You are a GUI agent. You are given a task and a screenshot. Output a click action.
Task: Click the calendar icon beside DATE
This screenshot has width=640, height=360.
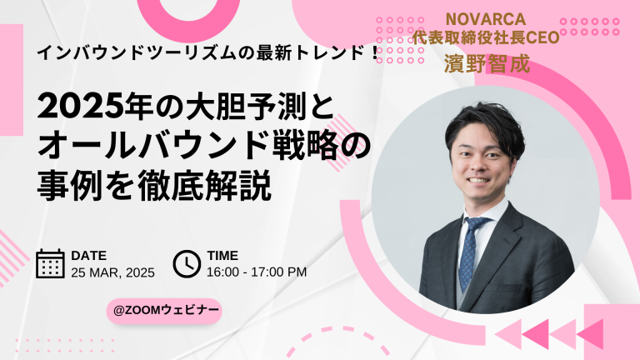(x=50, y=263)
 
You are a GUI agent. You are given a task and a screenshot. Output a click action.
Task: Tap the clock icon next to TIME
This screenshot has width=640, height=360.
(x=187, y=263)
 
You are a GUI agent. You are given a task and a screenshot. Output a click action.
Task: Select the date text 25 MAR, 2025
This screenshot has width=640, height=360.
(x=112, y=272)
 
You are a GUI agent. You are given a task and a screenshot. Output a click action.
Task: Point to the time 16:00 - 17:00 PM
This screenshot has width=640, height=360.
(x=257, y=272)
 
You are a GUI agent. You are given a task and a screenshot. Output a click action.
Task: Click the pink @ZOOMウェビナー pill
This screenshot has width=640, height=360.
(x=164, y=311)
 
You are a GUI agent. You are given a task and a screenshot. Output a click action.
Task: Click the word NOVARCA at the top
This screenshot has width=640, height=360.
(x=485, y=19)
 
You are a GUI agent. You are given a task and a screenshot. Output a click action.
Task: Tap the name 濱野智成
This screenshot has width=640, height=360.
(x=487, y=64)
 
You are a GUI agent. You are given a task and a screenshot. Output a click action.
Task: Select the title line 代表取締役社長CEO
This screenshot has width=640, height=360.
(x=485, y=37)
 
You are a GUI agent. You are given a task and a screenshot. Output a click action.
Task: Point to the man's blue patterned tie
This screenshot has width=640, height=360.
(x=470, y=252)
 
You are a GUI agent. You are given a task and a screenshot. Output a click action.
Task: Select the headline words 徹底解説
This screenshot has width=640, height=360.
(x=204, y=187)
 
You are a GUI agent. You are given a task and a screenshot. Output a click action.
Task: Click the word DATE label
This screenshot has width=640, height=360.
(x=88, y=256)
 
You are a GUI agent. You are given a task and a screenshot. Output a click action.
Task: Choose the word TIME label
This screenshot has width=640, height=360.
(x=222, y=256)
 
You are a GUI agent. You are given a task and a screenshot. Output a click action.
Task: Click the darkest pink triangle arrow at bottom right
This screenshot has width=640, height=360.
(x=536, y=334)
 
